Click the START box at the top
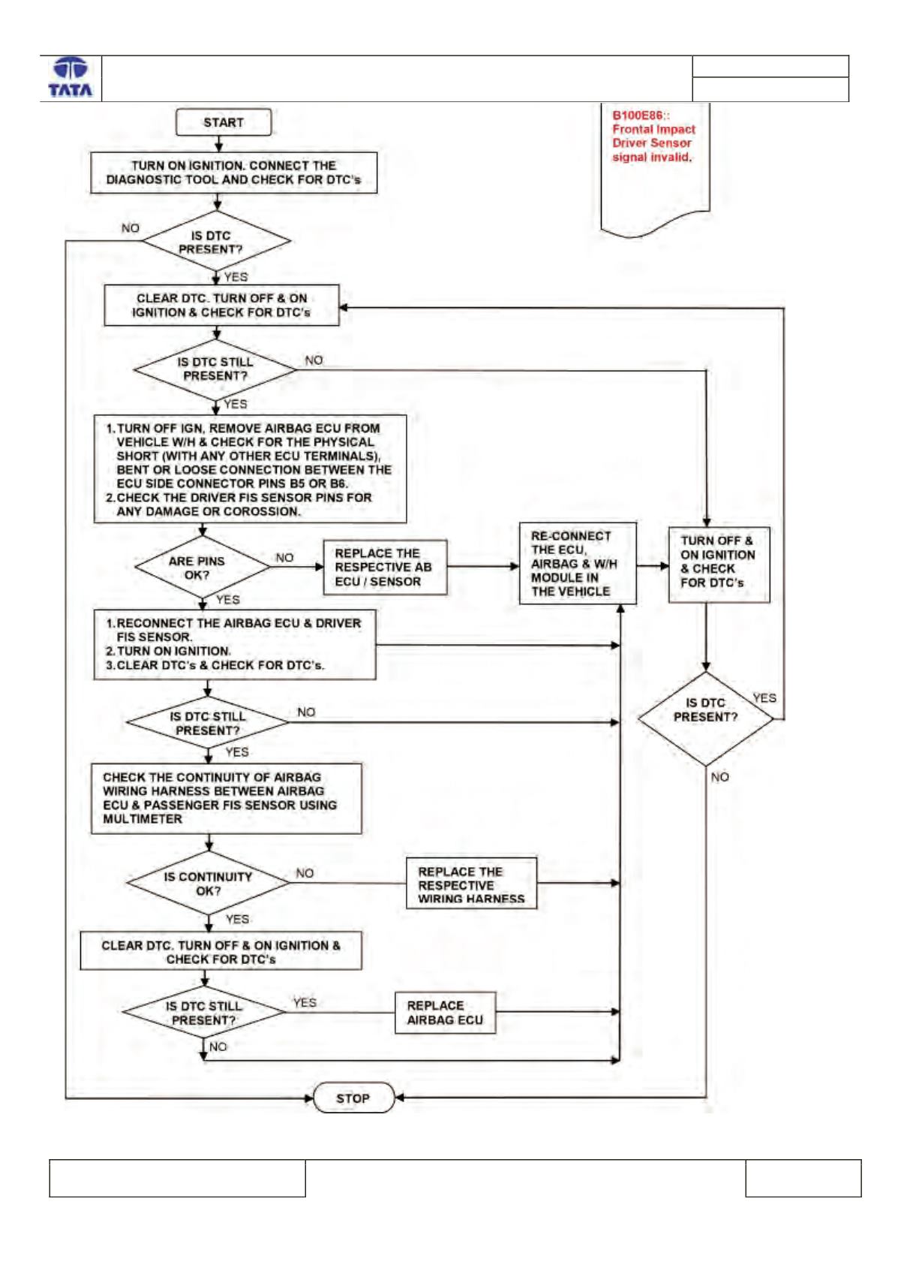click(x=224, y=122)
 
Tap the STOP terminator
click(x=353, y=1098)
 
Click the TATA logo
click(x=71, y=78)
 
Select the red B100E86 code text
click(x=640, y=116)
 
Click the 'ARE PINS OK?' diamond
click(x=202, y=567)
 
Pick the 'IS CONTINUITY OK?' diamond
click(x=208, y=883)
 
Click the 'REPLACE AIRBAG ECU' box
click(x=445, y=1012)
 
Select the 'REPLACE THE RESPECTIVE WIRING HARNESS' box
click(x=471, y=884)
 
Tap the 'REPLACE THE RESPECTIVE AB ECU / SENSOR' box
click(x=385, y=568)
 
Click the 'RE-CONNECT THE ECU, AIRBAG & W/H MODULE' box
click(x=578, y=564)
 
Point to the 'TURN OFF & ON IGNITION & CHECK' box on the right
click(x=719, y=565)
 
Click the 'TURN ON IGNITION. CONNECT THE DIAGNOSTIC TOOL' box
click(x=233, y=173)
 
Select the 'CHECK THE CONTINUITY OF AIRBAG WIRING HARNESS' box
click(x=227, y=798)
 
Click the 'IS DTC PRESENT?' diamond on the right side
click(x=706, y=718)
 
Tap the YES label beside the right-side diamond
click(x=764, y=698)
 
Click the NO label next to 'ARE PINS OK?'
click(x=284, y=558)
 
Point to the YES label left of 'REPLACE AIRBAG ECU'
click(x=305, y=1003)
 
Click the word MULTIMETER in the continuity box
click(x=143, y=819)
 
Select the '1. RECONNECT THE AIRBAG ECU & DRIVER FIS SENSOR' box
click(x=235, y=645)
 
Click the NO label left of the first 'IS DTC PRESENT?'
click(x=130, y=228)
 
